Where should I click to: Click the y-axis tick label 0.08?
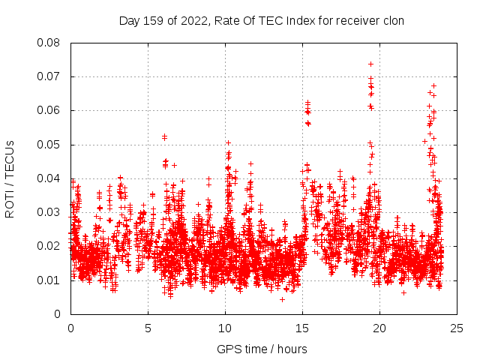click(x=50, y=43)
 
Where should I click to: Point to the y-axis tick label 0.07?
click(x=50, y=76)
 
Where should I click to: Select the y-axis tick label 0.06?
click(x=50, y=110)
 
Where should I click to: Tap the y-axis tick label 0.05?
click(x=50, y=144)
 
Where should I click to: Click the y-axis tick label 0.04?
click(x=50, y=178)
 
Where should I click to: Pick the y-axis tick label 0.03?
click(x=50, y=212)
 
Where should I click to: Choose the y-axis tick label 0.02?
click(x=50, y=246)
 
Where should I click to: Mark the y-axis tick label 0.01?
click(x=50, y=280)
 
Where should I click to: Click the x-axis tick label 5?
click(x=148, y=328)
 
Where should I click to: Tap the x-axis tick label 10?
click(x=225, y=328)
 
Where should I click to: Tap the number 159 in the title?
click(x=154, y=20)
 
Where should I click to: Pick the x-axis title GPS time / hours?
click(x=262, y=349)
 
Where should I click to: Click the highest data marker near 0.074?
click(x=370, y=64)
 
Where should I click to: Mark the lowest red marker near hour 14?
click(x=282, y=299)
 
